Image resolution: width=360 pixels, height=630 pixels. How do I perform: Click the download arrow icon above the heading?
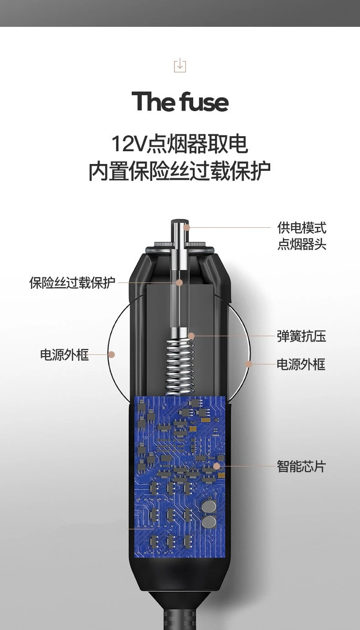pyautogui.click(x=180, y=66)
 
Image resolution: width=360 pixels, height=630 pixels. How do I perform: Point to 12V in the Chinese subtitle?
pyautogui.click(x=129, y=144)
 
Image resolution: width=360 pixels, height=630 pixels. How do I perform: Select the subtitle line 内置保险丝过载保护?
pyautogui.click(x=180, y=171)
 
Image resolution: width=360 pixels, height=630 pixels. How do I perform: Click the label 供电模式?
pyautogui.click(x=302, y=228)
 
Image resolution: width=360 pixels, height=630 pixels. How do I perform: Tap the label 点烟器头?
pyautogui.click(x=302, y=244)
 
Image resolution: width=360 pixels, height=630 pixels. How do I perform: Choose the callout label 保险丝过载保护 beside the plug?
pyautogui.click(x=72, y=283)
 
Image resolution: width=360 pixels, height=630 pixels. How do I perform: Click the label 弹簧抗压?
pyautogui.click(x=301, y=337)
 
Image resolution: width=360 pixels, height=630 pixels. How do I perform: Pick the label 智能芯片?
pyautogui.click(x=301, y=466)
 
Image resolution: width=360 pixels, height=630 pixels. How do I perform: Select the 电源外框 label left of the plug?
pyautogui.click(x=64, y=355)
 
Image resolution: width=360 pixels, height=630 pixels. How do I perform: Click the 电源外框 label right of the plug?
pyautogui.click(x=301, y=364)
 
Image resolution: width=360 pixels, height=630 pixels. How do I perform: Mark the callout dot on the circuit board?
pyautogui.click(x=217, y=466)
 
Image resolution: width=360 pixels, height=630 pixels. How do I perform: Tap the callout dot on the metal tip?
pyautogui.click(x=187, y=227)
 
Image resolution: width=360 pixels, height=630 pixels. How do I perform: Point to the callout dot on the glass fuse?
pyautogui.click(x=180, y=283)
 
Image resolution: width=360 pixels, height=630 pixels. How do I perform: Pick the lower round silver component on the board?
pyautogui.click(x=209, y=522)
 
